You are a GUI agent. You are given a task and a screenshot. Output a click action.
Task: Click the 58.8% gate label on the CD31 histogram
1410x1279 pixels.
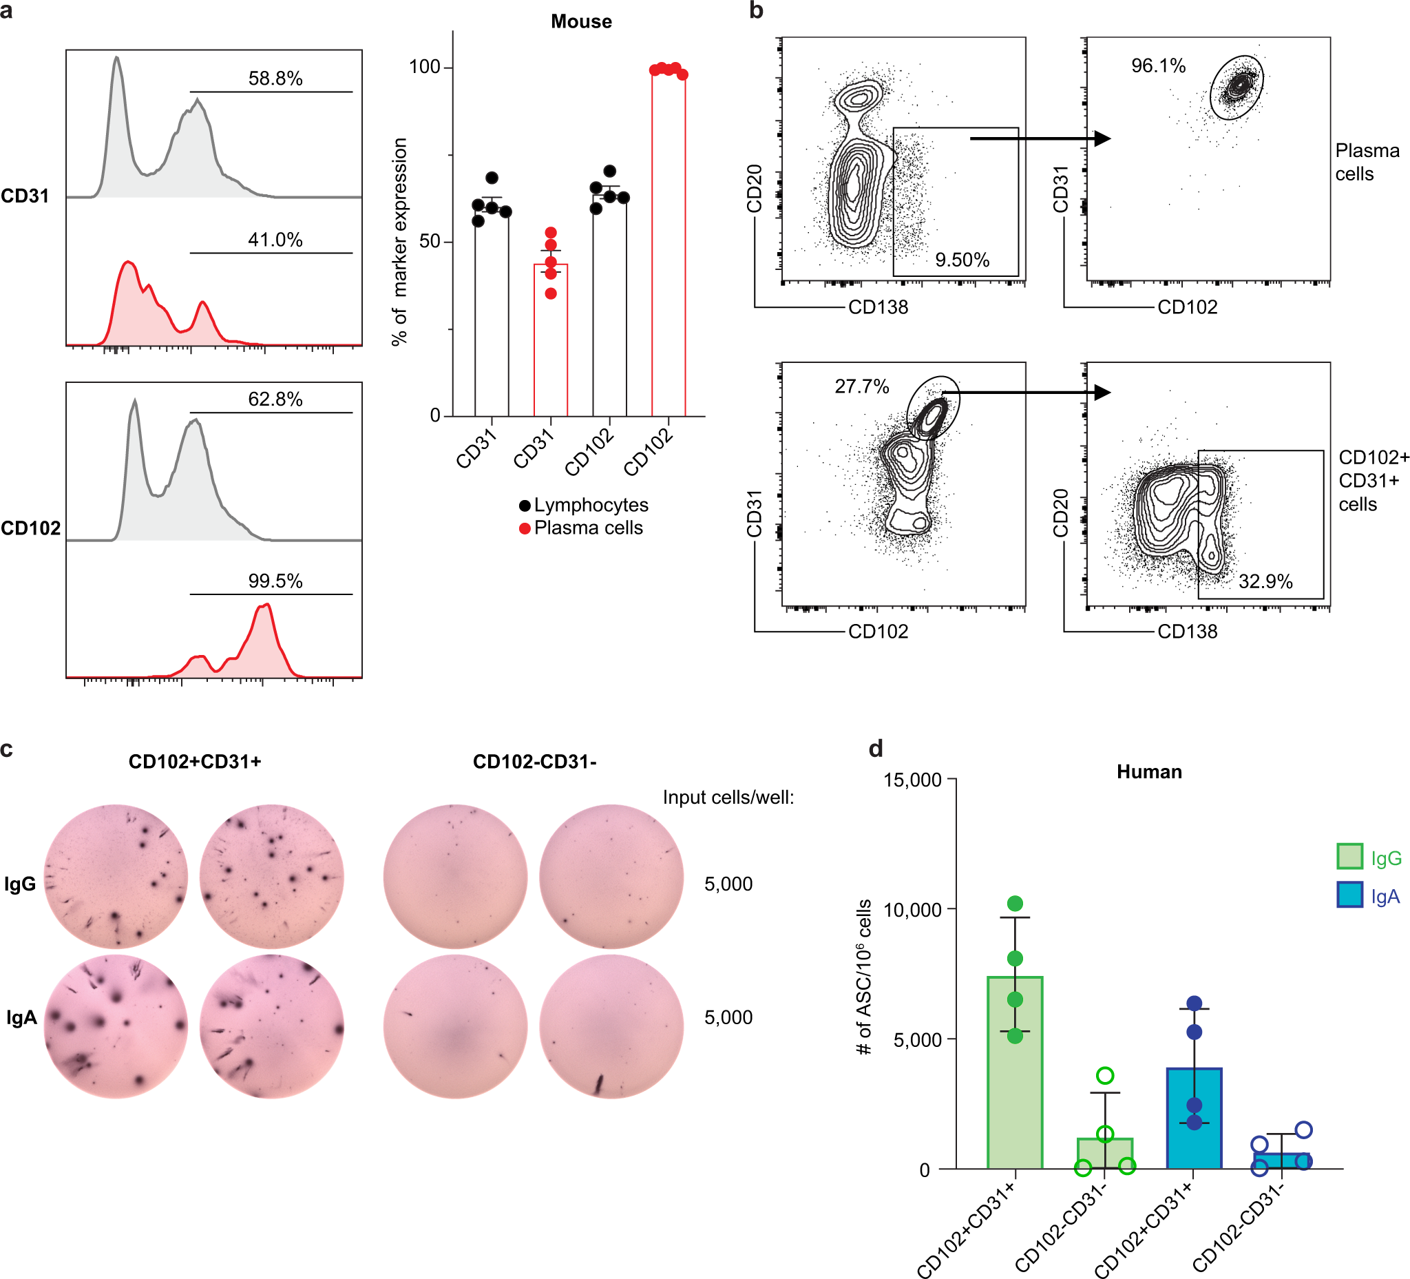[x=275, y=79]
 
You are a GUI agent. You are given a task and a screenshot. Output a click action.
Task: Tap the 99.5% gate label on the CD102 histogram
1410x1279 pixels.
[x=275, y=581]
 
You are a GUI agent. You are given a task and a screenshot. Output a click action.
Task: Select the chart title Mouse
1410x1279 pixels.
[x=581, y=21]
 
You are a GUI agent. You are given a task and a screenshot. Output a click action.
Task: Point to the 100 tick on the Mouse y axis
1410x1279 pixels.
[x=425, y=67]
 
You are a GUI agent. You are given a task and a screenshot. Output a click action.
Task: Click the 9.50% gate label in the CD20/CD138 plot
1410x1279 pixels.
[x=962, y=260]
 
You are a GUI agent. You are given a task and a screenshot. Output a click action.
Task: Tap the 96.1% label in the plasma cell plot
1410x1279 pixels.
[x=1158, y=67]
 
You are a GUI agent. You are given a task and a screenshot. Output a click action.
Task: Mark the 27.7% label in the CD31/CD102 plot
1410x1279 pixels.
[x=862, y=387]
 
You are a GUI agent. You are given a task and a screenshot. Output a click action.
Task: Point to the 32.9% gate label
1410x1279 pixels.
[x=1265, y=581]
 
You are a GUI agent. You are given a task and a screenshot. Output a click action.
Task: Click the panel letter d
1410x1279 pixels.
[x=876, y=749]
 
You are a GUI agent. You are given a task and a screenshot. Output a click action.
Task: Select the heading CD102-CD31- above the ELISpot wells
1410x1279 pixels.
[x=534, y=762]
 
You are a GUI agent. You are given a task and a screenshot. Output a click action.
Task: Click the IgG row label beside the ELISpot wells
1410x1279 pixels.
[x=20, y=884]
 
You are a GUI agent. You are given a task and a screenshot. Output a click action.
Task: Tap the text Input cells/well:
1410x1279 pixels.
[x=728, y=798]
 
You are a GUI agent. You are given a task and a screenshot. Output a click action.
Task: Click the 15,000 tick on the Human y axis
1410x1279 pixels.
[x=912, y=780]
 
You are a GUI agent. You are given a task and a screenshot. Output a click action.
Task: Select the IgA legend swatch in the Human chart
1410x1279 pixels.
[x=1349, y=897]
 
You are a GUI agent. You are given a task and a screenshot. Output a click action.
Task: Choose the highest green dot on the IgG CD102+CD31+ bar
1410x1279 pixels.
[x=1015, y=904]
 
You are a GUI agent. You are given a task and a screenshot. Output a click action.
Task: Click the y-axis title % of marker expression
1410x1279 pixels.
[x=399, y=242]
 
